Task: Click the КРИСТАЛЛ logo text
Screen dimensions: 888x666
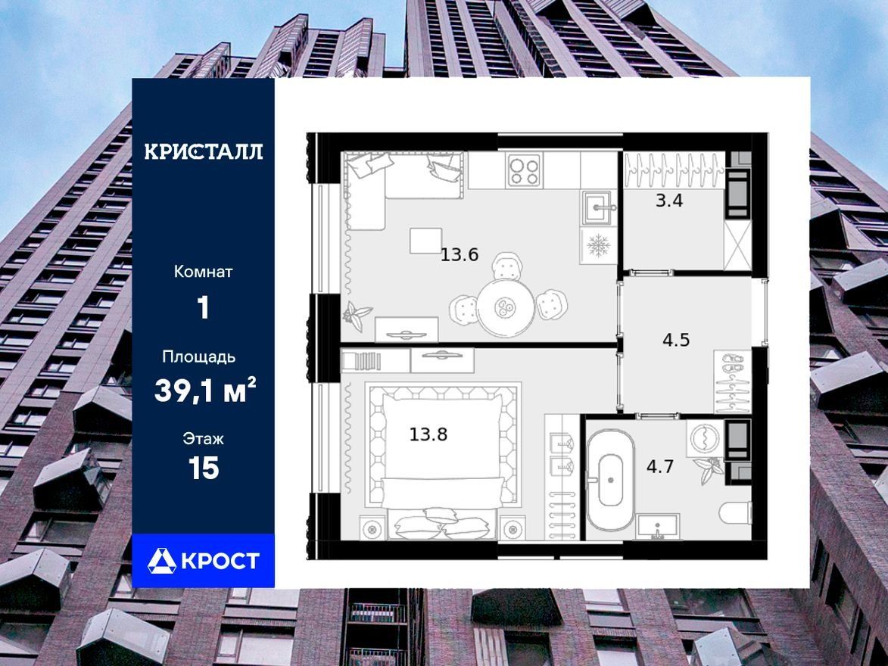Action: pyautogui.click(x=204, y=151)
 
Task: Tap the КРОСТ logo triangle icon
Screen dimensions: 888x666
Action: pyautogui.click(x=161, y=561)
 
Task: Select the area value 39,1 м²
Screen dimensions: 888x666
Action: pyautogui.click(x=204, y=391)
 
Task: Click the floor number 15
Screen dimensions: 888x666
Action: pyautogui.click(x=204, y=469)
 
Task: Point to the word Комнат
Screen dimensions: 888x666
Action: pyautogui.click(x=203, y=272)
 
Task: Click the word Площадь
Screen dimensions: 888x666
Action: pyautogui.click(x=198, y=357)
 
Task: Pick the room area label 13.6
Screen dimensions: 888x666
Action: pyautogui.click(x=460, y=255)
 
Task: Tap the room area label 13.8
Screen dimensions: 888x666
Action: pyautogui.click(x=428, y=434)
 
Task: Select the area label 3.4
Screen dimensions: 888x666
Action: pyautogui.click(x=669, y=201)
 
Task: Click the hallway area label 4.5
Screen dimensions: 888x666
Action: pyautogui.click(x=676, y=340)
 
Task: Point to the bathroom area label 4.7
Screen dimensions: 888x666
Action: pyautogui.click(x=660, y=467)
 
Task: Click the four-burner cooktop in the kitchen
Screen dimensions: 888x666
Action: pyautogui.click(x=524, y=170)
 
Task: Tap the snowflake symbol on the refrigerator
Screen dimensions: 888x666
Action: pyautogui.click(x=597, y=245)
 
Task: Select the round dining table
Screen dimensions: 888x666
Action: pyautogui.click(x=505, y=308)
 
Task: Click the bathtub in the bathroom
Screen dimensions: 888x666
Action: pyautogui.click(x=609, y=487)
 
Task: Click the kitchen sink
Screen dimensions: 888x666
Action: pyautogui.click(x=597, y=208)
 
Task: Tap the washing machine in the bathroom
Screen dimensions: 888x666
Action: pyautogui.click(x=705, y=437)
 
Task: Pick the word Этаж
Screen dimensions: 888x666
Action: pyautogui.click(x=203, y=438)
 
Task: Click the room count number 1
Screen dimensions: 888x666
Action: pyautogui.click(x=203, y=309)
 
